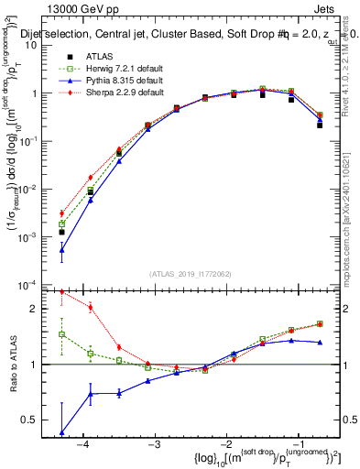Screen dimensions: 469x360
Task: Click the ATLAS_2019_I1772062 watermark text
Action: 190,274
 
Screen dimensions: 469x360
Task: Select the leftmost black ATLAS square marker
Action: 62,232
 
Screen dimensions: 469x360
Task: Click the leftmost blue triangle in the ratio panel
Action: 62,432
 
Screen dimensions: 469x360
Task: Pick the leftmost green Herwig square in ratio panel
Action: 62,334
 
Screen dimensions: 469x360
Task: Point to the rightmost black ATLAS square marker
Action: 319,125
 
